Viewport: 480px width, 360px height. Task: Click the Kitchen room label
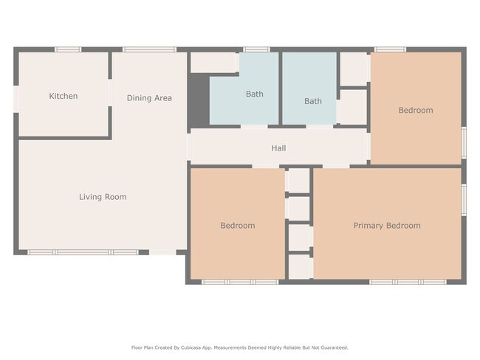(64, 96)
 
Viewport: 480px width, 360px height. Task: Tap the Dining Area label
(149, 98)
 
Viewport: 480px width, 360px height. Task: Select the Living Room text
(103, 197)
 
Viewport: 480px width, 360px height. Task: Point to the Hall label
(278, 148)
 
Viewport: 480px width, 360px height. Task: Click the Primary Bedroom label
(387, 226)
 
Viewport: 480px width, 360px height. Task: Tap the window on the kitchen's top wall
(68, 49)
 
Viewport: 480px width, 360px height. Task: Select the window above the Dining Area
(149, 49)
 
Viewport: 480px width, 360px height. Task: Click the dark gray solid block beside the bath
(199, 100)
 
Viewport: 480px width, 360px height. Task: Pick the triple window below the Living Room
(83, 252)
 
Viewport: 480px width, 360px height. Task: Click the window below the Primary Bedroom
(408, 282)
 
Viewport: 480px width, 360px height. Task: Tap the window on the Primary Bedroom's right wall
(464, 200)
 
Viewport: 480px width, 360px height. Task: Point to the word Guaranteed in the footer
(336, 347)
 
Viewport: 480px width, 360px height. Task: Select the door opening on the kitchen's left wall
(16, 99)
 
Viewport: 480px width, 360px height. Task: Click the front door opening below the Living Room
(162, 252)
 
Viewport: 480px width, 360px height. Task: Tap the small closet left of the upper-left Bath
(214, 63)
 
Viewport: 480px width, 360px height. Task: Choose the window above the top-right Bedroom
(390, 49)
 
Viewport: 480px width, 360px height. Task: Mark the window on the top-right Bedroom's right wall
(464, 142)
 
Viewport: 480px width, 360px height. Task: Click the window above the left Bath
(256, 49)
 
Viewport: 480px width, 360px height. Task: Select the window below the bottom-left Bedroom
(240, 282)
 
